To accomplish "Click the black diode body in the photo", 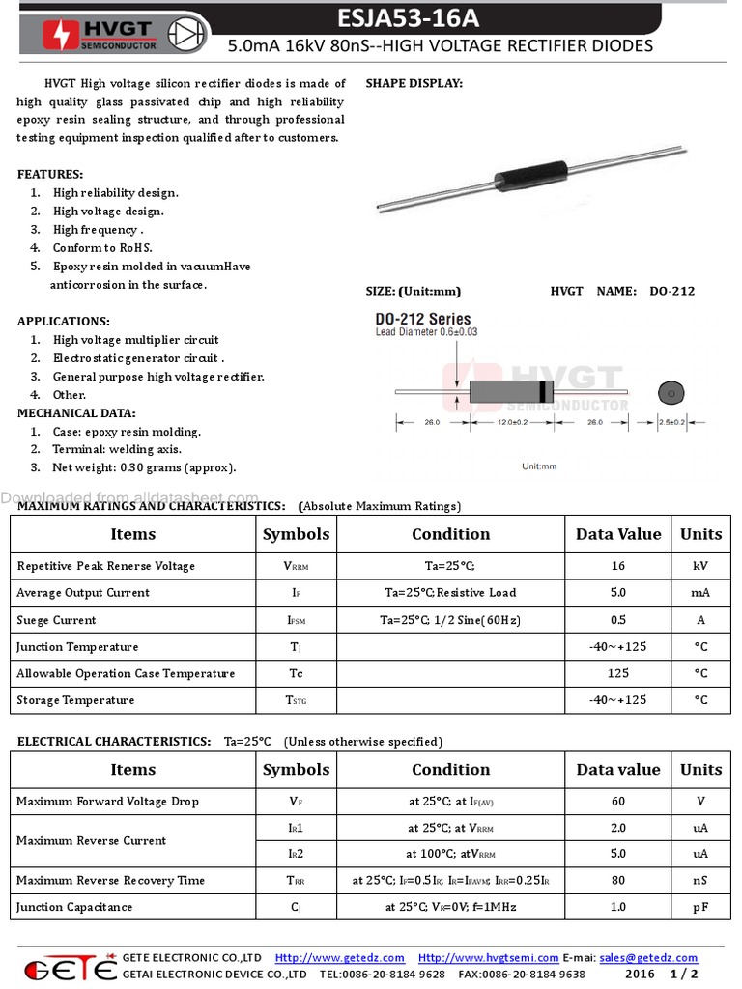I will [531, 177].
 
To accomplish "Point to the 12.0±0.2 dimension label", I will [511, 422].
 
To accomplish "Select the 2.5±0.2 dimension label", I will [671, 422].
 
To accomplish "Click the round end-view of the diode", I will [669, 393].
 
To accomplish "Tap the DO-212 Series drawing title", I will [423, 319].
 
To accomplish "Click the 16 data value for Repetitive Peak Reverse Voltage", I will [617, 566].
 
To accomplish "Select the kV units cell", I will [700, 566].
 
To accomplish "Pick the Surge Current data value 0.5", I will [617, 620].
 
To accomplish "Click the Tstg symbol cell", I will [296, 700].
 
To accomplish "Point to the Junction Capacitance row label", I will [74, 907].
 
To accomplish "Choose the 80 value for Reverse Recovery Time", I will [617, 880].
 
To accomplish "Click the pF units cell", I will [700, 907].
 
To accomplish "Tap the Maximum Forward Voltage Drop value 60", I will [617, 801].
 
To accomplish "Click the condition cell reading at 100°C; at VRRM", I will [450, 854].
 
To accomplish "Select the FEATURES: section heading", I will [50, 174].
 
